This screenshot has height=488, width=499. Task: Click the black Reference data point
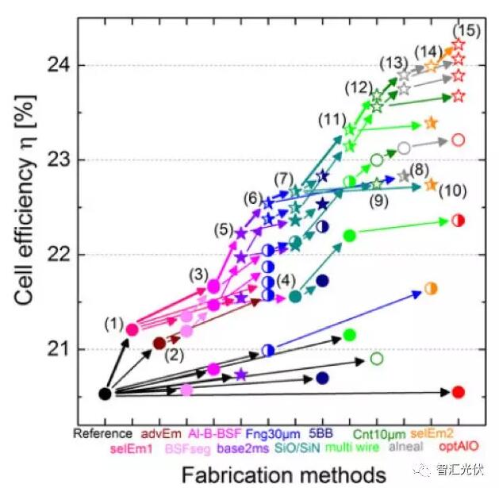[x=105, y=393]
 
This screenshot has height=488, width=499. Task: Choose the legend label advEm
[x=159, y=433]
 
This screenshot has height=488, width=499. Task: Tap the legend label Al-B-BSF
[x=215, y=433]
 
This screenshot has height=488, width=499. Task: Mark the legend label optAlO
[x=455, y=447]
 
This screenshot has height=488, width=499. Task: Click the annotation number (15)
[x=467, y=30]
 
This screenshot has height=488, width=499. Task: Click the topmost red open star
[x=458, y=44]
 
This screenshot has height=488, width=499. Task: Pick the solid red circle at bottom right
[x=458, y=392]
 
